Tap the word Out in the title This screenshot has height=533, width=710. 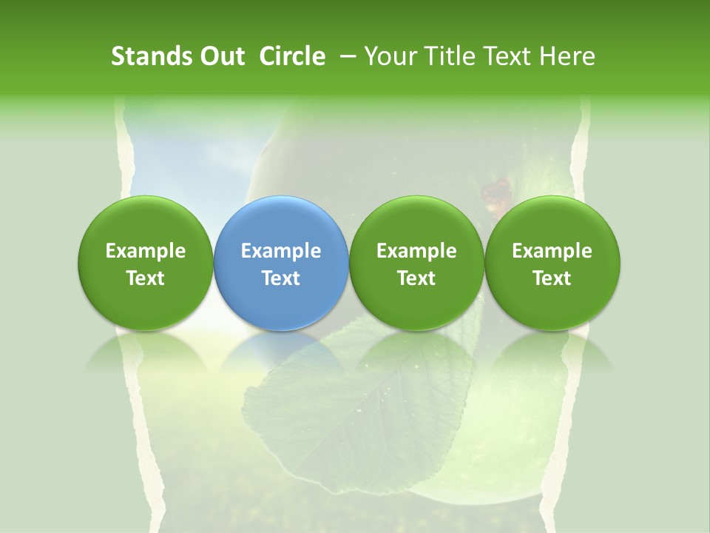coord(220,56)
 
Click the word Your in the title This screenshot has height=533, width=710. coord(390,56)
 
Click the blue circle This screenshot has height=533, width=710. coord(281,222)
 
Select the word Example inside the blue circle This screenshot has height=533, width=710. coord(281,251)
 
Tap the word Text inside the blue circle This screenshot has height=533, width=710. coord(281,278)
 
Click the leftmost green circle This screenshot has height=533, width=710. coord(146,222)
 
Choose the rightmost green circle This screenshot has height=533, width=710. coord(552,222)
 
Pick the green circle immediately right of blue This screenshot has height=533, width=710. coord(416,222)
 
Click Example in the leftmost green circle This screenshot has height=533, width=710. coord(146,251)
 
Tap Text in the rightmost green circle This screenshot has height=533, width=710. coord(552,278)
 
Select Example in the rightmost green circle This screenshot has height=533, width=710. coord(552,251)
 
